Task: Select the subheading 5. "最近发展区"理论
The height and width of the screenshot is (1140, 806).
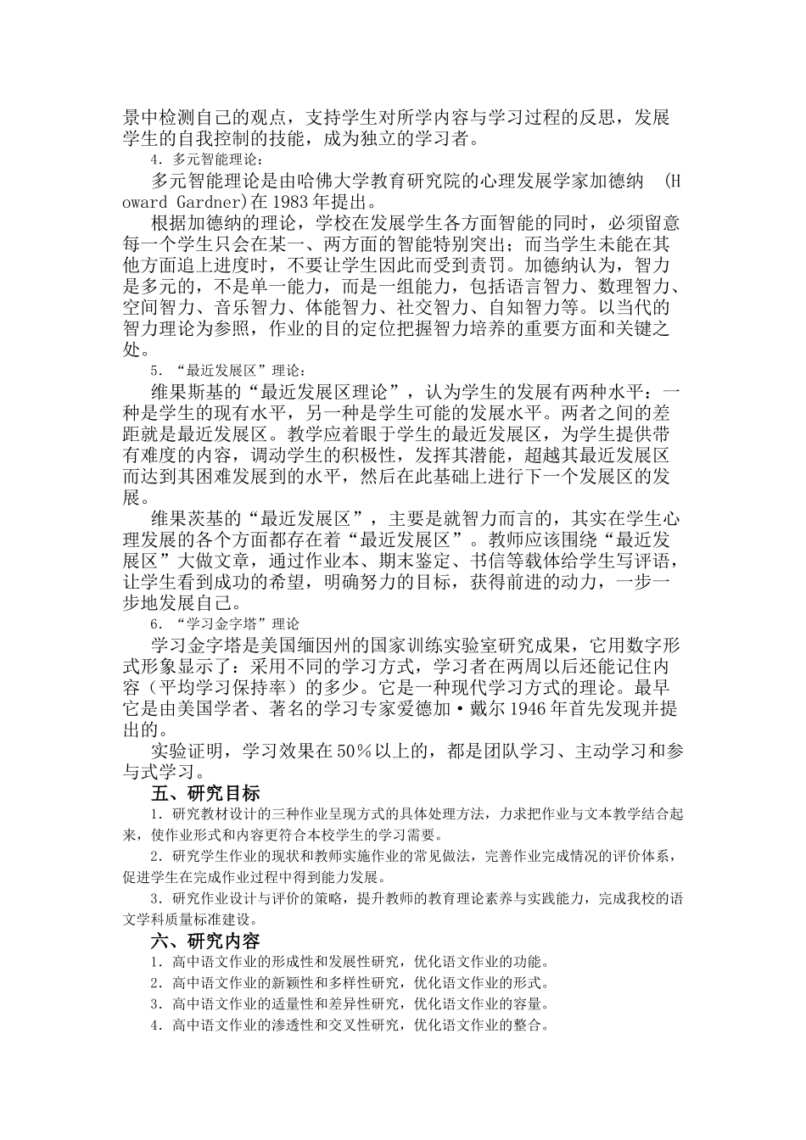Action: coord(227,371)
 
